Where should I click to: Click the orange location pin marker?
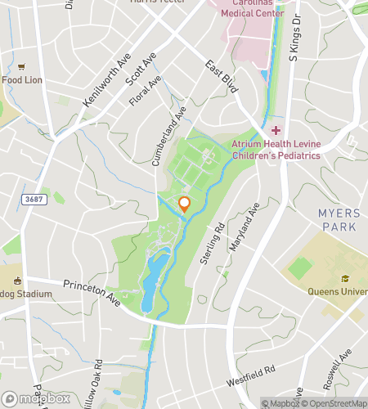(185, 204)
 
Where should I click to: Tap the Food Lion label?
(23, 80)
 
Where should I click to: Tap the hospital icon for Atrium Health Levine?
(276, 130)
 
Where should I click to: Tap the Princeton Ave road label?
(92, 296)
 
